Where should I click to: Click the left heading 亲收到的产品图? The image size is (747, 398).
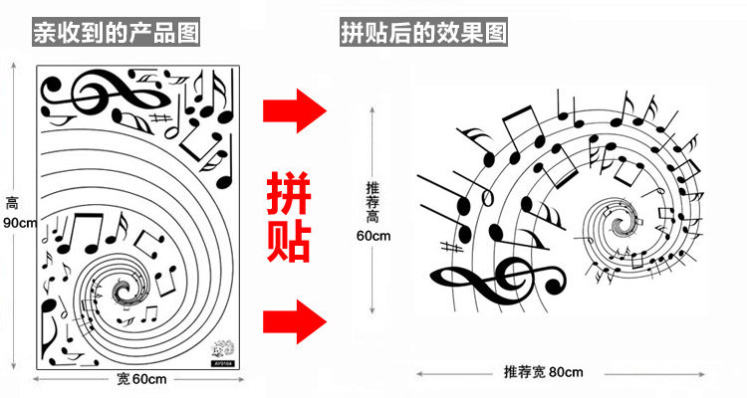tap(116, 32)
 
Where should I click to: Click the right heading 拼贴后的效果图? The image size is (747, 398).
tap(424, 32)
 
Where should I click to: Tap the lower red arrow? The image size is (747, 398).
tap(295, 320)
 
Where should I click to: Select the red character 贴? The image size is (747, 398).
tap(292, 240)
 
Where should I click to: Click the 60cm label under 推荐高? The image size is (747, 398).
tap(373, 235)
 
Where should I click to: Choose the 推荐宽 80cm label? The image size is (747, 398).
tap(543, 371)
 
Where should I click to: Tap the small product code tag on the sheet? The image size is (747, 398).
tap(224, 362)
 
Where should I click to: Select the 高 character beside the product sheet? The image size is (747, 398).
tap(12, 203)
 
